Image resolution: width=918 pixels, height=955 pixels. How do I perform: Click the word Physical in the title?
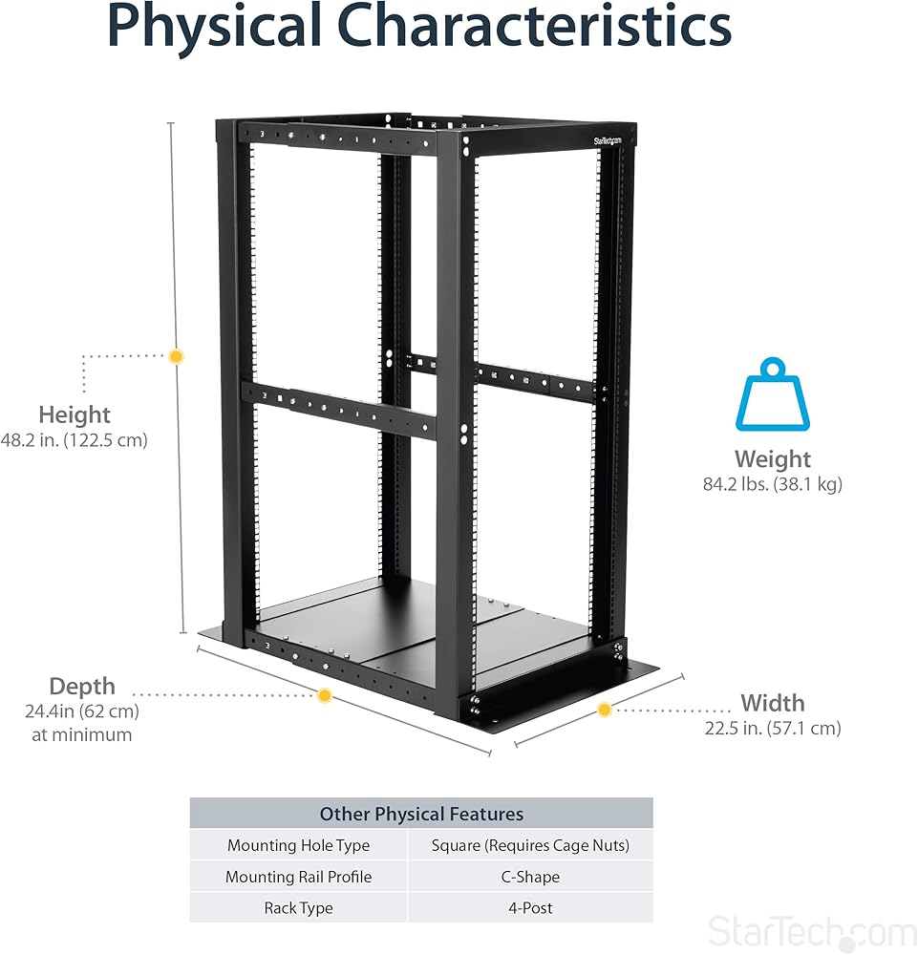point(214,29)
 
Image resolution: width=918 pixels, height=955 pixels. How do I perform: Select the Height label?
point(75,414)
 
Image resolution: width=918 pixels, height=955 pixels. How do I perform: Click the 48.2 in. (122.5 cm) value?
point(75,441)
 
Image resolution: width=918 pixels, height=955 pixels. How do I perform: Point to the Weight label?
point(772,458)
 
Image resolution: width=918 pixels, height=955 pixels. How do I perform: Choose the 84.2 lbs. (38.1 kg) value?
point(772,484)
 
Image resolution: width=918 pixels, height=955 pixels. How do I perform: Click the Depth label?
point(82,686)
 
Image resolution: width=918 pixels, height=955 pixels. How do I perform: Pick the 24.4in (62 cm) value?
point(82,711)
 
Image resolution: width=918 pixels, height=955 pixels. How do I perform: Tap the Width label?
point(772,703)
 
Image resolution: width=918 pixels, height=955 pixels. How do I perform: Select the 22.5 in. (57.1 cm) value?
point(772,729)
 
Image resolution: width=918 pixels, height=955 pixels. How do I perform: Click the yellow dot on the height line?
point(176,356)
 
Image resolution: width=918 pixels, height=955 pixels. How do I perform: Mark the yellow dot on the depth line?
point(325,695)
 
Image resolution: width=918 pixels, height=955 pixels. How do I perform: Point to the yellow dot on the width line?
point(605,710)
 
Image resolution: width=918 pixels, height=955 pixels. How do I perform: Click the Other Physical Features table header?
point(421,814)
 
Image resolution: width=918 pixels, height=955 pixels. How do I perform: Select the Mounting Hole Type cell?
point(298,845)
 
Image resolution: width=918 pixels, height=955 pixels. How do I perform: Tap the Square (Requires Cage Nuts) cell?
point(530,845)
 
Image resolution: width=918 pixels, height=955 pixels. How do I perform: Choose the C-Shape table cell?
point(530,877)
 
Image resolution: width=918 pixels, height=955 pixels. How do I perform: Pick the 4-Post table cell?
point(530,908)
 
